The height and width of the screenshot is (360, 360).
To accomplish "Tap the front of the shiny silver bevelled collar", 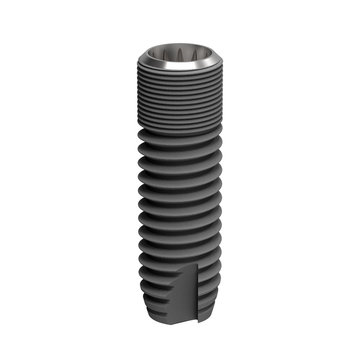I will coord(180,70).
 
